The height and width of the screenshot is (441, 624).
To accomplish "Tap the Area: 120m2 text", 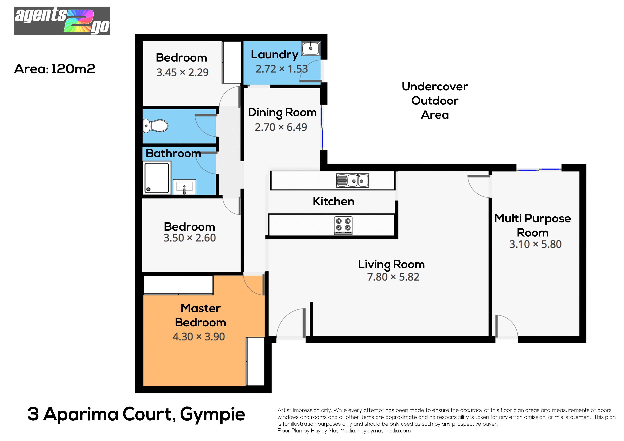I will point(55,69).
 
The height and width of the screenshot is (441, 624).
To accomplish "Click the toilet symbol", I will point(155,126).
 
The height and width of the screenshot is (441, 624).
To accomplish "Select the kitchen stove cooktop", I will point(343,225).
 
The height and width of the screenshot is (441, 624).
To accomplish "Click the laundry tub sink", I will point(311,48).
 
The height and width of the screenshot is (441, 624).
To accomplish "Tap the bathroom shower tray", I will point(157,178).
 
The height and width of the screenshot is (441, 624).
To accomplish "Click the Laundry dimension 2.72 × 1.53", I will point(282,69).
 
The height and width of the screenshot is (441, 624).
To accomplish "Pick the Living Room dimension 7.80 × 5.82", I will point(393,277).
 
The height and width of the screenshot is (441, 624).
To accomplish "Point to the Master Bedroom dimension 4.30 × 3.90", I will point(199,337).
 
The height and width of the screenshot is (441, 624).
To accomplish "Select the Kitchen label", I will point(334,201).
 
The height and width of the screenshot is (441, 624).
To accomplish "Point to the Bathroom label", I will point(173,153).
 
